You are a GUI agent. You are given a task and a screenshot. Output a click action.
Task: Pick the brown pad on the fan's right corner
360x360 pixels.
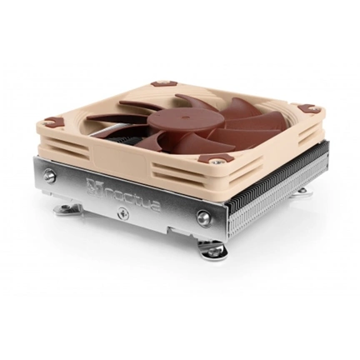(307, 108)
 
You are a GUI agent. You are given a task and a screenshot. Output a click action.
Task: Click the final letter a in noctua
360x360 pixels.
(155, 203)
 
